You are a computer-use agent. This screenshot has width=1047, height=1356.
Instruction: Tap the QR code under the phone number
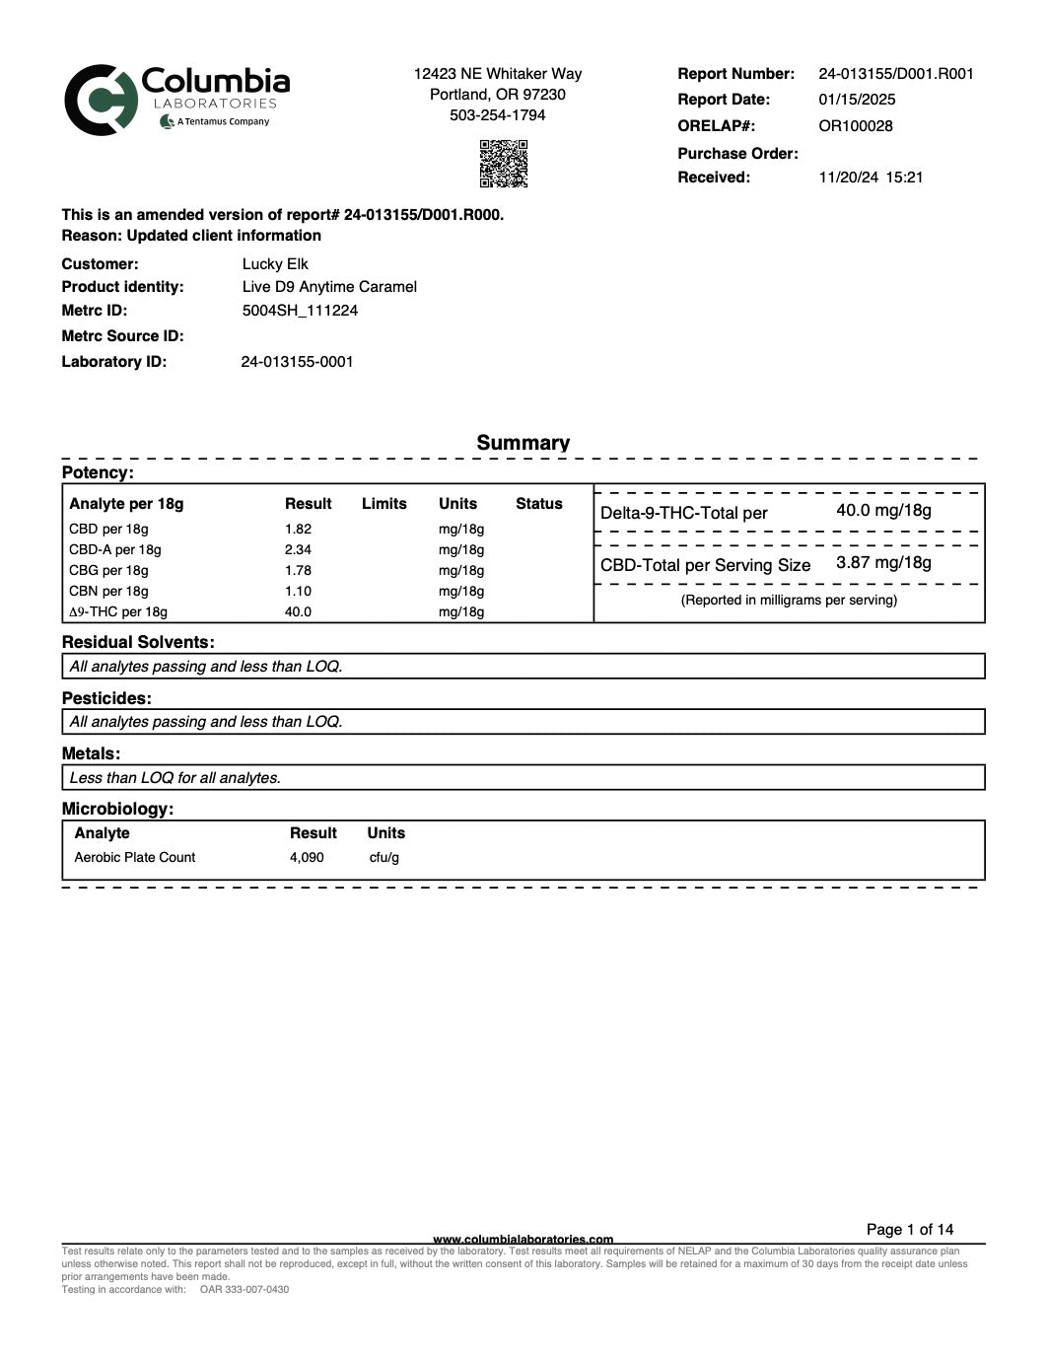pyautogui.click(x=503, y=164)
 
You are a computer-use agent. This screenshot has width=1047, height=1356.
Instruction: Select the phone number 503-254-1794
pyautogui.click(x=497, y=115)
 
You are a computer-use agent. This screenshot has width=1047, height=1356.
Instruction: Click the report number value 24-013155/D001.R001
pyautogui.click(x=895, y=74)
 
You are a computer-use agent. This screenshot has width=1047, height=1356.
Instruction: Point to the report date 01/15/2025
pyautogui.click(x=857, y=100)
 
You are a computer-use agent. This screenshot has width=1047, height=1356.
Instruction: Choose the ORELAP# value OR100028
pyautogui.click(x=855, y=126)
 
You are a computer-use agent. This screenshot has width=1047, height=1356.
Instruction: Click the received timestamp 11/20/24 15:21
pyautogui.click(x=871, y=178)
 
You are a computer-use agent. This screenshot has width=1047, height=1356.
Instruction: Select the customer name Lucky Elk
pyautogui.click(x=275, y=264)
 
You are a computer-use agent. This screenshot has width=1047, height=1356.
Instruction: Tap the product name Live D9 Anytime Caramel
pyautogui.click(x=329, y=287)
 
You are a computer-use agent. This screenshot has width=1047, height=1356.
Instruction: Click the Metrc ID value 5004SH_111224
pyautogui.click(x=300, y=311)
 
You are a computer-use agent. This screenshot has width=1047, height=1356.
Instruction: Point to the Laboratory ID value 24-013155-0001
pyautogui.click(x=297, y=362)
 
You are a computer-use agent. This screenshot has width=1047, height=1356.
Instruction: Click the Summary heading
pyautogui.click(x=523, y=443)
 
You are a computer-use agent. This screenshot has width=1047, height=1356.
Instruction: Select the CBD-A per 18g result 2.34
pyautogui.click(x=298, y=550)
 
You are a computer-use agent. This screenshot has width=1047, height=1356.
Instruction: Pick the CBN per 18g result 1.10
pyautogui.click(x=298, y=592)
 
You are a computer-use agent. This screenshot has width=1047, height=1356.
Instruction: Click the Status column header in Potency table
pyautogui.click(x=538, y=504)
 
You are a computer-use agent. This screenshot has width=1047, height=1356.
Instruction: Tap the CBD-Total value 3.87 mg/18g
pyautogui.click(x=883, y=563)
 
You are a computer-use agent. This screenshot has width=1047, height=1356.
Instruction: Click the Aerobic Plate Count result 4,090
pyautogui.click(x=307, y=858)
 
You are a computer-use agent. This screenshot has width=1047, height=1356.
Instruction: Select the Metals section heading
pyautogui.click(x=91, y=754)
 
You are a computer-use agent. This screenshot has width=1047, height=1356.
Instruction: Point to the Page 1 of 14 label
pyautogui.click(x=909, y=1230)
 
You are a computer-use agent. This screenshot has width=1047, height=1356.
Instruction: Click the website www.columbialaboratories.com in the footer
pyautogui.click(x=523, y=1239)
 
